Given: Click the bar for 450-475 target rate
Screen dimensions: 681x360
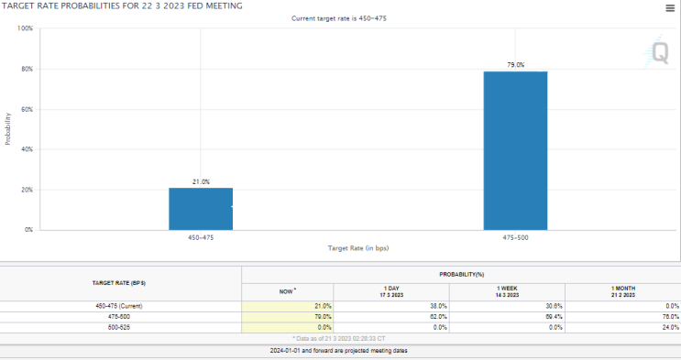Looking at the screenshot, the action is (x=201, y=209).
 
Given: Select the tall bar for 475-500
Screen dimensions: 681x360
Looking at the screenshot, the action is (x=515, y=151).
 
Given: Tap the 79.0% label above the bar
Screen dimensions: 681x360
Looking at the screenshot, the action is (x=515, y=65).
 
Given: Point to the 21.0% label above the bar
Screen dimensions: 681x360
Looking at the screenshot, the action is (x=201, y=182).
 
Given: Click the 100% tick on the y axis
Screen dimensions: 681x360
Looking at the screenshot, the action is (x=25, y=28).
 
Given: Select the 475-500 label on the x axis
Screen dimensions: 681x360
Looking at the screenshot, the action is (x=515, y=237).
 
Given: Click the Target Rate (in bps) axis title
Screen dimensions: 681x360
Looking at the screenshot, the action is (x=358, y=248).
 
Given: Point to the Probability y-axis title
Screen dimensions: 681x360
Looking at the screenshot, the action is (x=7, y=129).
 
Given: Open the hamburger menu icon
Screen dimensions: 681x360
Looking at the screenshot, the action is (x=670, y=8).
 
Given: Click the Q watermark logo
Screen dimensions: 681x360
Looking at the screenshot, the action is (x=656, y=52).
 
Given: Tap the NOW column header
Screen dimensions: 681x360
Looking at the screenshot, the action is (x=287, y=291).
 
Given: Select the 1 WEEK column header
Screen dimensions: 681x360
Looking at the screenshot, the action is (x=507, y=292).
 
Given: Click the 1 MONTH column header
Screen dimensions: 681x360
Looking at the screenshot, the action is (x=623, y=292).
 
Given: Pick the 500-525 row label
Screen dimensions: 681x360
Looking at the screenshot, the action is (x=119, y=327).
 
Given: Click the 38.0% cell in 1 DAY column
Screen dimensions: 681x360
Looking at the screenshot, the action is (x=438, y=306).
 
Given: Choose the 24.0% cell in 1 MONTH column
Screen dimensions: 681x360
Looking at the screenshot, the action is (x=670, y=327).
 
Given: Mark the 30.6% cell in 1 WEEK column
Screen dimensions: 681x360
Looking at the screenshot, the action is (x=555, y=306).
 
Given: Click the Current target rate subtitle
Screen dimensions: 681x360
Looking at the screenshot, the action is (x=339, y=18).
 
